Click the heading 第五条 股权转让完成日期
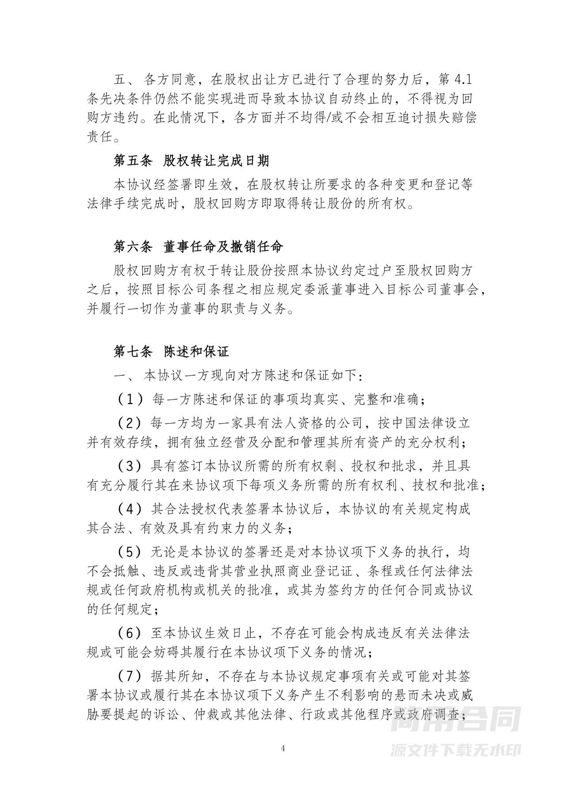pyautogui.click(x=191, y=161)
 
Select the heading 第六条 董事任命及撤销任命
pyautogui.click(x=198, y=246)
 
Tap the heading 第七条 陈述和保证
pyautogui.click(x=172, y=352)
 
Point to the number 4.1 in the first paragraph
pyautogui.click(x=463, y=80)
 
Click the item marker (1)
pyautogui.click(x=130, y=400)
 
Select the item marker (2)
pyautogui.click(x=130, y=423)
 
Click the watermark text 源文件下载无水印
pyautogui.click(x=456, y=749)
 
